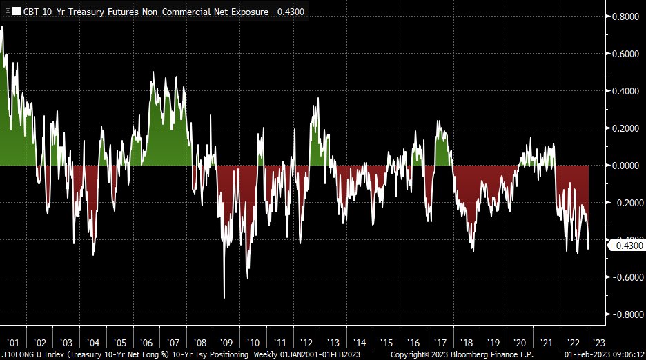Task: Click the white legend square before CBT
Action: click(x=17, y=12)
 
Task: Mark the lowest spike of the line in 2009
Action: click(x=224, y=298)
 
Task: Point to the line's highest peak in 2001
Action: click(x=2, y=26)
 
